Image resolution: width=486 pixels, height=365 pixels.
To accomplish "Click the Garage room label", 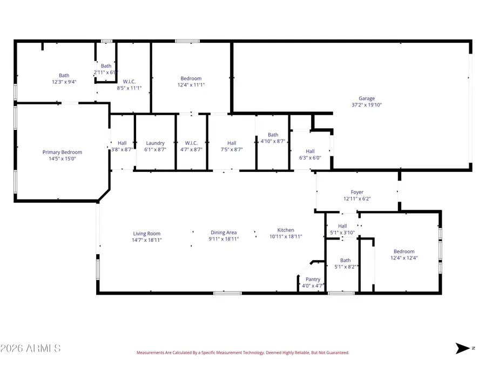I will coord(367,98).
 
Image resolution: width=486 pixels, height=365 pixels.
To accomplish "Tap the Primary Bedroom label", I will coord(62,152).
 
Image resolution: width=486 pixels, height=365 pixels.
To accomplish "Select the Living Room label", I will coord(147,234).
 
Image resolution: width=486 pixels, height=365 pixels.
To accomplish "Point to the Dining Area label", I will coord(224,233).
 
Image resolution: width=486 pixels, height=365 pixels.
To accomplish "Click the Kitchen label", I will coord(286,230).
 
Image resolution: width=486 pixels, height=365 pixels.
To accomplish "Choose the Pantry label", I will coord(313,280).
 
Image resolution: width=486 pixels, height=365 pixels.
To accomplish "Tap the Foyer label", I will coord(357,192).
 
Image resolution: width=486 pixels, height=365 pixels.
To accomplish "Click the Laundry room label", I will coord(155,143).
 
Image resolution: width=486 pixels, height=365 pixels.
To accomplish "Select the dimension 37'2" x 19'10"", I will coord(367,105).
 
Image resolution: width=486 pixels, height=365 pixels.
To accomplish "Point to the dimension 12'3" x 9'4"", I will coord(64,82).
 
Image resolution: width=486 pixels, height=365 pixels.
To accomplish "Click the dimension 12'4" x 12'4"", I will coord(404,258).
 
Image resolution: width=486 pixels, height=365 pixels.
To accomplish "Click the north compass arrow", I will coord(463,348).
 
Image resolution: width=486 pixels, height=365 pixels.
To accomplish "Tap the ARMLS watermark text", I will coord(31,348).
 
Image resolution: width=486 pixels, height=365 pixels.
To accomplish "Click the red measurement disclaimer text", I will coord(242,353).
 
